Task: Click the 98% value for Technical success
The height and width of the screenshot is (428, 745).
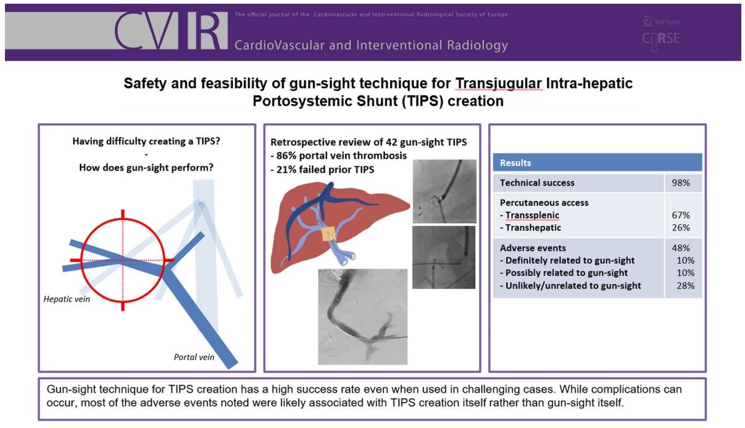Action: (x=680, y=183)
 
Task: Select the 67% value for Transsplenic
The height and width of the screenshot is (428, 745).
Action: (x=680, y=215)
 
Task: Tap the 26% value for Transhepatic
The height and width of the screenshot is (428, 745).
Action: (x=680, y=228)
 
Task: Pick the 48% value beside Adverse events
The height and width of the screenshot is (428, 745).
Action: (x=680, y=248)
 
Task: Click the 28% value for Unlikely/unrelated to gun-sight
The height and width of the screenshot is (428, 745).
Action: (x=686, y=285)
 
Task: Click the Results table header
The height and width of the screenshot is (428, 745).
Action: (x=597, y=162)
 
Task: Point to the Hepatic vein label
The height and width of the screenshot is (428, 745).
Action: (x=67, y=299)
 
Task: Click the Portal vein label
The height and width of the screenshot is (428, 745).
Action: (x=194, y=357)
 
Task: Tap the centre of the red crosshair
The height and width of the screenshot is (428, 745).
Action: (x=123, y=260)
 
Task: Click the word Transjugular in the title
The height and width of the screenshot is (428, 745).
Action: (x=499, y=83)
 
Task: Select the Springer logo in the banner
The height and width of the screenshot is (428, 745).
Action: (x=661, y=21)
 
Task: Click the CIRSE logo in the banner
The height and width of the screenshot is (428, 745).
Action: (x=661, y=40)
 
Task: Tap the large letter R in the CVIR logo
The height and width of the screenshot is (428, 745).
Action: (x=207, y=31)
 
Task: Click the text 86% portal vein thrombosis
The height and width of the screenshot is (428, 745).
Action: (x=339, y=156)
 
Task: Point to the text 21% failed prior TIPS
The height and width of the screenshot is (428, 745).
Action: (x=322, y=170)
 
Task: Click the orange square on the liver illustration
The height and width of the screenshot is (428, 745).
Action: (x=328, y=233)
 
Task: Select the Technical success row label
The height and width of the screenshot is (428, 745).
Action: (x=537, y=183)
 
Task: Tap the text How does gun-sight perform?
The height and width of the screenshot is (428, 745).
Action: (x=146, y=167)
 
